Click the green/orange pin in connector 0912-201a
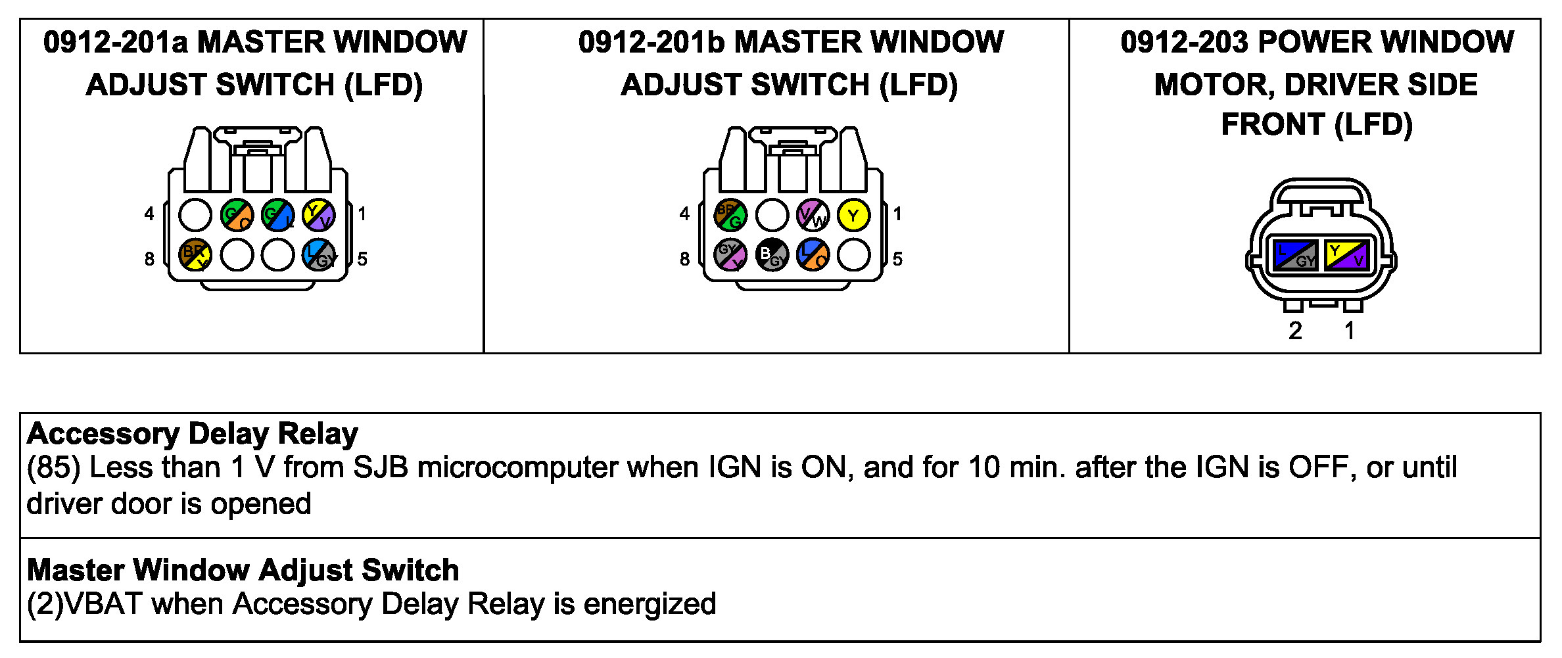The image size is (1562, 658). [x=237, y=215]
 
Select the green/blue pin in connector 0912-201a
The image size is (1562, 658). [x=277, y=215]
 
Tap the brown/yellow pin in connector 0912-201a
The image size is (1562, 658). [x=195, y=255]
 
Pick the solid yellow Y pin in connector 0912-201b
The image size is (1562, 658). [x=853, y=215]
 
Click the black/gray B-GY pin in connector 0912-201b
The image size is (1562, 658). [x=772, y=255]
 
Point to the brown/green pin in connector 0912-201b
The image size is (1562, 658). [x=730, y=215]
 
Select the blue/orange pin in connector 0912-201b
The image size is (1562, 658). [x=813, y=255]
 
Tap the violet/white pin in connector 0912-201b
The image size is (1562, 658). [x=813, y=215]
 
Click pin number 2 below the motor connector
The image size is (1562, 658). [x=1295, y=331]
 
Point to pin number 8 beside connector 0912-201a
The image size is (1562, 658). [x=150, y=259]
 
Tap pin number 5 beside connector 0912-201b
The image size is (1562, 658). [x=897, y=259]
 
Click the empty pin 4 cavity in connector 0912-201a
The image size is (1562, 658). [x=195, y=215]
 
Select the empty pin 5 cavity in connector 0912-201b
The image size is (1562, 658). [x=853, y=255]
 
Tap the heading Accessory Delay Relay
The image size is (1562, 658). [x=193, y=434]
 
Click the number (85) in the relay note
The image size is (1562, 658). [x=53, y=467]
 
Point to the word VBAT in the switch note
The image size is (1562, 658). [x=103, y=604]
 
